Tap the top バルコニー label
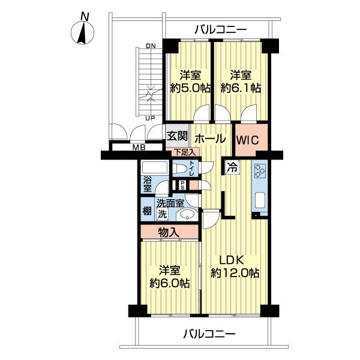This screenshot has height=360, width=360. click(220, 29)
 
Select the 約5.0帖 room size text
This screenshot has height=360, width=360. click(190, 88)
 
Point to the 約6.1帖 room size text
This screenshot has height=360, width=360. click(241, 88)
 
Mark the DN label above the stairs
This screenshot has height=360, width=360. click(151, 46)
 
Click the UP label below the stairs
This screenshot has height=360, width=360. click(151, 118)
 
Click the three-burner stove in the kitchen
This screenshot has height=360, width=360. click(260, 172)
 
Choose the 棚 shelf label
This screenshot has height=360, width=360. click(146, 211)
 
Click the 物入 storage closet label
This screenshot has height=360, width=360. click(168, 232)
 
